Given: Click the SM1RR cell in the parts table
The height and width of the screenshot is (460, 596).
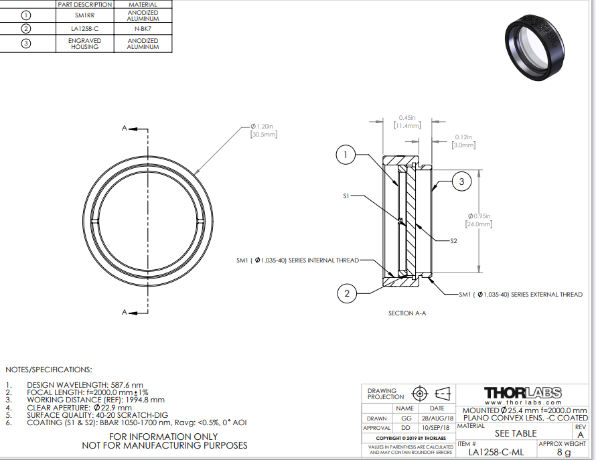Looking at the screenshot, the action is coord(85,15).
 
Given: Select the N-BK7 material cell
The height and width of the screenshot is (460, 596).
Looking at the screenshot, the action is coord(143,29).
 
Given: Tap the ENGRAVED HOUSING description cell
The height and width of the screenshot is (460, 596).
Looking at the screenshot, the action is coord(85,44).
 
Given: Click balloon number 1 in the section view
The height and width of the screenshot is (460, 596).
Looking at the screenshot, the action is coord(346,155).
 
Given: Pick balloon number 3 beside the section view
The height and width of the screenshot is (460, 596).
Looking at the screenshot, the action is coord(462,181).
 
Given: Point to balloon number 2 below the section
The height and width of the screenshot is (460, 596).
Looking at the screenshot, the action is coord(347,293).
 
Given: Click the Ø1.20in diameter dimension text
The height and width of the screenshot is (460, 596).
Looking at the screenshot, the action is coord(263,131).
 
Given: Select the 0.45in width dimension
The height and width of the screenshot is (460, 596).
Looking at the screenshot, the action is coord(407,122).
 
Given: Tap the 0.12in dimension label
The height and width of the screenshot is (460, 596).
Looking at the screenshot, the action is coord(463,141).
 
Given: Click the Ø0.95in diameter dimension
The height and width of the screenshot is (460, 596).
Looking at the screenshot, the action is coord(479,220).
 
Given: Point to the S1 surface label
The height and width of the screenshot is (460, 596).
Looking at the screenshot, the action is coord(346,196).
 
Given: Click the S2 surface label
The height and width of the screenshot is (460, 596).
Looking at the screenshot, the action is coord(453,240).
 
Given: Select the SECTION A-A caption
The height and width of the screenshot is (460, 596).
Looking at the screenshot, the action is coord(407,313).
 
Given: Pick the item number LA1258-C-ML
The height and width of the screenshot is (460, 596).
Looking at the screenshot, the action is coord(496,452).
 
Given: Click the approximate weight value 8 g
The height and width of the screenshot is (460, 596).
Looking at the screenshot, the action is coord(564,452).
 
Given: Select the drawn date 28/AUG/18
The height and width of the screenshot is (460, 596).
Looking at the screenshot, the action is coord(437,418).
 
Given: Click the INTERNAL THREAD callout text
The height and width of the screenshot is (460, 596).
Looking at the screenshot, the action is coord(297,260).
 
